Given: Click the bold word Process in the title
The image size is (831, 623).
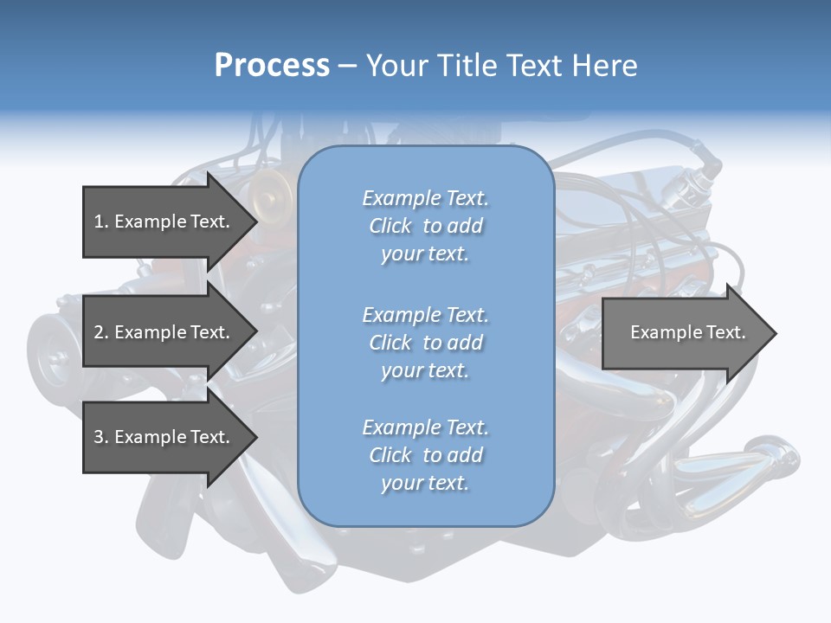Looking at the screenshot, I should pos(272,66).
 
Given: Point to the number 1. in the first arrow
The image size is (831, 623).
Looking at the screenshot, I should pos(100,222).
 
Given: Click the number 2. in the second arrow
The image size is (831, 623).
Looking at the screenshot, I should pos(100,332).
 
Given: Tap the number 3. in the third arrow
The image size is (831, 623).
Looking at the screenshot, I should pos(100,437).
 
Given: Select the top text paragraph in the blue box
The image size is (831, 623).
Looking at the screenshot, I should pos(425,226).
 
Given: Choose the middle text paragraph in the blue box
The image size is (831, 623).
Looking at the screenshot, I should pos(425,343).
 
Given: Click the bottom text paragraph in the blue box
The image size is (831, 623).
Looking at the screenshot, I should pos(425,455).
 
